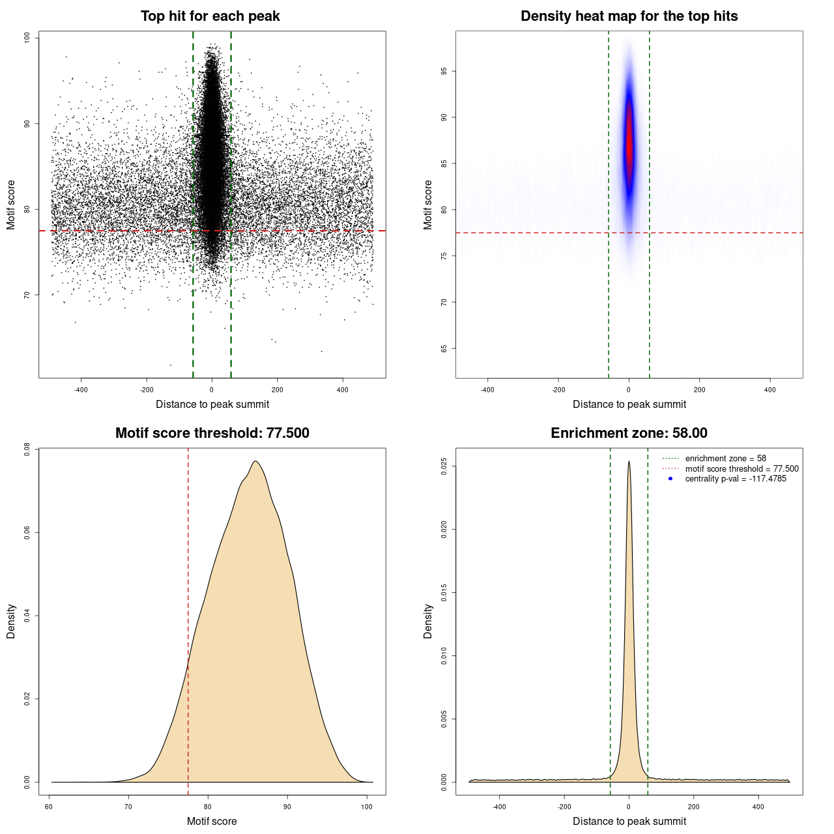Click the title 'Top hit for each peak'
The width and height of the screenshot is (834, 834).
click(x=210, y=16)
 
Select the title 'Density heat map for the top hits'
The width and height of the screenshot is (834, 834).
click(x=629, y=16)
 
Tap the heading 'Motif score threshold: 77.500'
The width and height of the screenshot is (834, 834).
click(x=212, y=433)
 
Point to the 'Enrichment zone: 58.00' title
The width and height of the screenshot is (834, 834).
click(x=629, y=433)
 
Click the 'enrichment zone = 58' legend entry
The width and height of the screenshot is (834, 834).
click(x=725, y=459)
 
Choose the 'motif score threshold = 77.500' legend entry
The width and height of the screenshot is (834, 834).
click(x=741, y=468)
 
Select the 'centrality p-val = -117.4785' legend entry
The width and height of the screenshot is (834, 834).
click(x=736, y=479)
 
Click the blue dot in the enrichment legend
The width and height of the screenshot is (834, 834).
click(x=670, y=479)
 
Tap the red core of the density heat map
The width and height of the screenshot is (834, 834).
click(x=629, y=147)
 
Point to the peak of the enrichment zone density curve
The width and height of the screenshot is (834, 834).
click(x=629, y=462)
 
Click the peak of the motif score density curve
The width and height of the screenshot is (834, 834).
click(x=255, y=462)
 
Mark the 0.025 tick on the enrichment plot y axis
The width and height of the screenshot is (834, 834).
click(x=444, y=467)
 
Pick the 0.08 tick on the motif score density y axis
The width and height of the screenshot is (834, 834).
click(x=27, y=449)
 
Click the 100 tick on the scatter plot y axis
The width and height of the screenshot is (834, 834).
click(x=27, y=38)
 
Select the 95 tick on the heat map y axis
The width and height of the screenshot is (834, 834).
click(x=444, y=71)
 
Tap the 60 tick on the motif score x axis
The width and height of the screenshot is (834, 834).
click(x=49, y=807)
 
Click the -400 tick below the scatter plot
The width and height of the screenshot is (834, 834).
click(x=81, y=390)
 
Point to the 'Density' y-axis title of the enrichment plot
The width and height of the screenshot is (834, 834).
click(x=428, y=621)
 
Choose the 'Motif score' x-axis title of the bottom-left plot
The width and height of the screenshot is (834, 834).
click(x=212, y=821)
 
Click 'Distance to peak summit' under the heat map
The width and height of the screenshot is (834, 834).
click(x=629, y=404)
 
